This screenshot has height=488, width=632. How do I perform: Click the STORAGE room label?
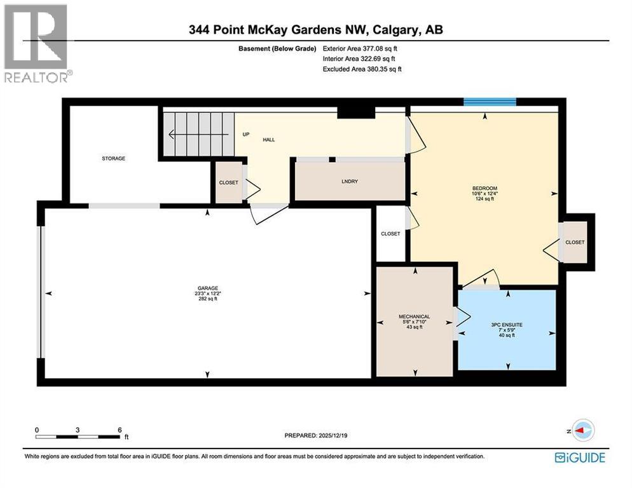114,158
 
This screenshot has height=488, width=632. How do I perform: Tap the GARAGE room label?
207,288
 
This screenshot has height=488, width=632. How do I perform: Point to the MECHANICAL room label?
414,316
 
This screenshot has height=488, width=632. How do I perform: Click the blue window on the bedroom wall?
489,102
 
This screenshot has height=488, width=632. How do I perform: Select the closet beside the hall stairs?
228,182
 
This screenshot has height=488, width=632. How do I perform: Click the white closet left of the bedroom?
390,233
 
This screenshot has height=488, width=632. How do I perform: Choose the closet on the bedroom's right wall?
575,242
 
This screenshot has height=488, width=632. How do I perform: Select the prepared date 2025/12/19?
324,435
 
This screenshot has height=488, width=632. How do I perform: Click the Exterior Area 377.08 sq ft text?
362,48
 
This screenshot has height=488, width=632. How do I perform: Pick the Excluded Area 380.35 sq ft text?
362,69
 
